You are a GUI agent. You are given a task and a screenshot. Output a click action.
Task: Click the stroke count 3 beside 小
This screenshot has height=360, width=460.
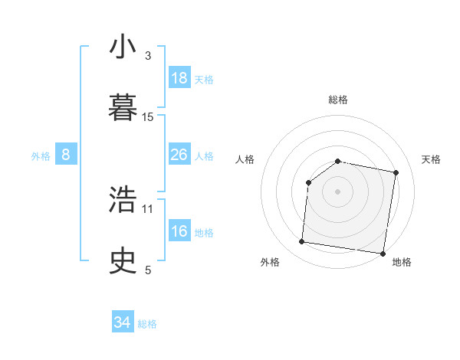pos(148,56)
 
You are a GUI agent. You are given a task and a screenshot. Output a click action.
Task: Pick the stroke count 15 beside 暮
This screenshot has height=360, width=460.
pos(148,117)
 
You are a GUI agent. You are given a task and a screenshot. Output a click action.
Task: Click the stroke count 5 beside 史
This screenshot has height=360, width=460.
pos(148,270)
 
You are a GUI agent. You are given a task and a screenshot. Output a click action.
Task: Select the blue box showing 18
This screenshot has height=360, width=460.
pos(179,78)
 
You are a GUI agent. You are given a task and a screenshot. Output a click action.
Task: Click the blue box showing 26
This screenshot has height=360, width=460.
pos(179,155)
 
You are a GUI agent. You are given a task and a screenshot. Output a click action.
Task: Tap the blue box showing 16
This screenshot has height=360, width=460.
pos(179,231)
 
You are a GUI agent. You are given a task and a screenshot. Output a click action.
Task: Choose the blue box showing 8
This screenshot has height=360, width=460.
pos(66,155)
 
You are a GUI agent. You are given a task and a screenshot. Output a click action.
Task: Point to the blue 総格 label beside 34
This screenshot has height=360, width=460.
pos(148,324)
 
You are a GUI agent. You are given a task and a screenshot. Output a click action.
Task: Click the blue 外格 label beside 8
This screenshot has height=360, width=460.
pos(41,155)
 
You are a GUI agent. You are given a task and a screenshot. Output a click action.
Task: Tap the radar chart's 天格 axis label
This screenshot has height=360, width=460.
pos(431,159)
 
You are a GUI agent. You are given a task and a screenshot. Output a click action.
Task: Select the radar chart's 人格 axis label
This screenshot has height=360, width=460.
pos(245,159)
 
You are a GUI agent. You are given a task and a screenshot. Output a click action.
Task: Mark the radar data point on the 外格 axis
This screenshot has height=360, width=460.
pos(302,242)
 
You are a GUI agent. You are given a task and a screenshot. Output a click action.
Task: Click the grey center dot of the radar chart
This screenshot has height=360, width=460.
pos(337,191)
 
